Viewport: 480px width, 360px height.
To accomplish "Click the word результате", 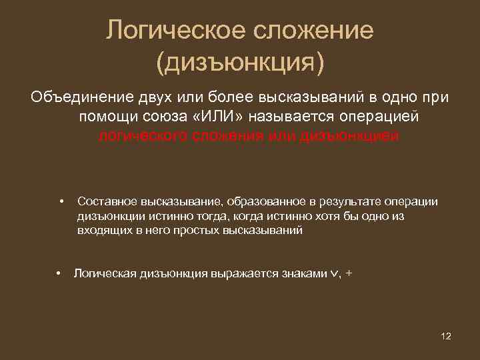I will tap(352, 201).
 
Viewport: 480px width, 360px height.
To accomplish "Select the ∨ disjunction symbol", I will tap(335, 274).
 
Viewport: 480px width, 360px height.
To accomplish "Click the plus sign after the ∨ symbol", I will tap(350, 273).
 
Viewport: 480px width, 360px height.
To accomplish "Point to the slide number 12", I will tap(446, 335).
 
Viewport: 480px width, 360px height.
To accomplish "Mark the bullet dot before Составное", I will tap(61, 201).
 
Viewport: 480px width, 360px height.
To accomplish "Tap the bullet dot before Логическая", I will tap(59, 273).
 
